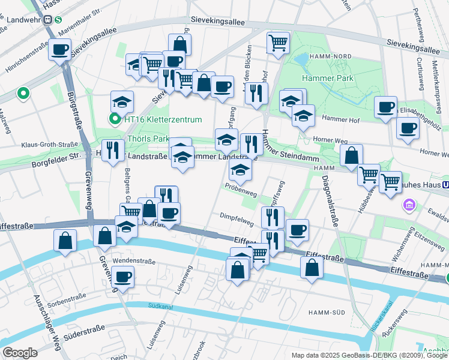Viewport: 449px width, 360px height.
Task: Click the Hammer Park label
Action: [328, 78]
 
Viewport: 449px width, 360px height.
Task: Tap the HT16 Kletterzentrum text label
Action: [162, 119]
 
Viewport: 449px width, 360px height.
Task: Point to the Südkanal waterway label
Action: [163, 307]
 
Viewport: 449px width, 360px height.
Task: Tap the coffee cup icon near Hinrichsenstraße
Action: [59, 49]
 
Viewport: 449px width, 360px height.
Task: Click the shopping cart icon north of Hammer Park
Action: [278, 43]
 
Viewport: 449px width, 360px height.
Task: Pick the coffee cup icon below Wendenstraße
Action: [123, 277]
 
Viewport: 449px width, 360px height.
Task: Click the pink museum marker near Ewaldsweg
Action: [410, 206]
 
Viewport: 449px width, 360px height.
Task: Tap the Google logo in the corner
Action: [20, 352]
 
